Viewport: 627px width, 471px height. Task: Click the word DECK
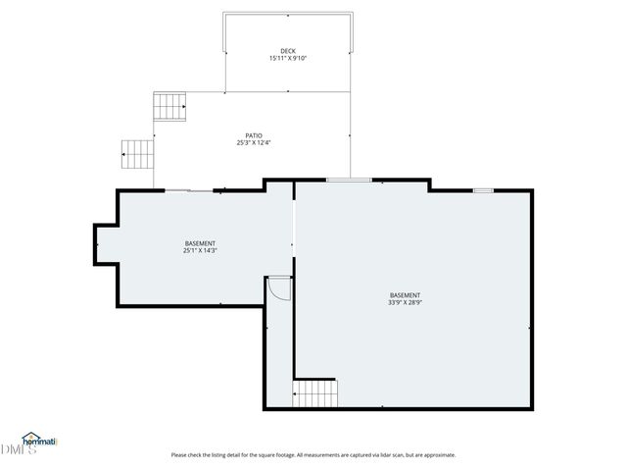click(287, 51)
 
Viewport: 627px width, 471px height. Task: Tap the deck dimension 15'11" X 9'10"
click(287, 59)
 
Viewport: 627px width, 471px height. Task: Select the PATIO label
click(254, 135)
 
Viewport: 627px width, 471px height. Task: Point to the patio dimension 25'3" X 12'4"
click(254, 143)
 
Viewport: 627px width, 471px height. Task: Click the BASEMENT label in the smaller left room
click(200, 243)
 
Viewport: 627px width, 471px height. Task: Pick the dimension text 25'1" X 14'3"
click(200, 251)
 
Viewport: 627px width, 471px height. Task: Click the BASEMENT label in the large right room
click(405, 295)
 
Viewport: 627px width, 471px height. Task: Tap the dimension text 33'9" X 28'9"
click(405, 303)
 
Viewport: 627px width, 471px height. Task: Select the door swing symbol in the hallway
click(279, 288)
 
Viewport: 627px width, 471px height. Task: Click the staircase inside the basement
click(316, 394)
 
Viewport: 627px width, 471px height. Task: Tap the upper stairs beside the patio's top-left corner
click(170, 104)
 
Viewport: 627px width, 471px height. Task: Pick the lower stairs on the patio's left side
click(138, 154)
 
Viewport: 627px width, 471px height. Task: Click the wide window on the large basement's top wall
click(349, 180)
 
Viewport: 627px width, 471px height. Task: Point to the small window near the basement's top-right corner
click(483, 189)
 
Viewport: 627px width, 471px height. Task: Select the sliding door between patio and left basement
click(188, 189)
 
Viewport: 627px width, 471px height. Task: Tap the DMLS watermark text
click(18, 449)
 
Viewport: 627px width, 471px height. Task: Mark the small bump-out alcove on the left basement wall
click(105, 244)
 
